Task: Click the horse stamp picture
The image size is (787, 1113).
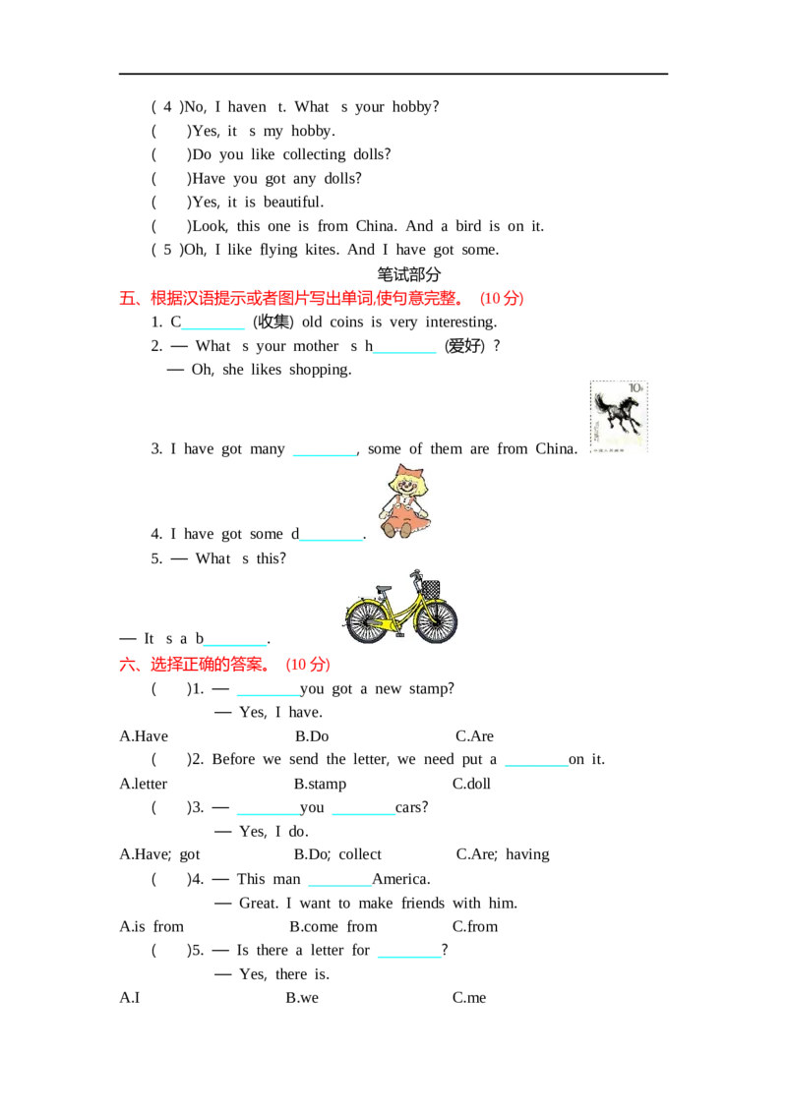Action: click(x=619, y=417)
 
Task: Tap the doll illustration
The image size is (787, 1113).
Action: click(x=405, y=501)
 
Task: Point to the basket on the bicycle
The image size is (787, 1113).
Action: click(x=431, y=589)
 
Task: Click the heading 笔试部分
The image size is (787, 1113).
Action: click(x=409, y=274)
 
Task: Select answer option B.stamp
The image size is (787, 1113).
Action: click(x=321, y=784)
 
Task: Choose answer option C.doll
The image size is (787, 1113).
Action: click(x=471, y=784)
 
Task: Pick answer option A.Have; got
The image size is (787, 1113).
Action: click(x=159, y=854)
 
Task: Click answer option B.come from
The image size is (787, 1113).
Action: click(x=333, y=926)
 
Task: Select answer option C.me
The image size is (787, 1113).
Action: click(x=469, y=997)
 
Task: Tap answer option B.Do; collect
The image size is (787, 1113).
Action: click(x=337, y=854)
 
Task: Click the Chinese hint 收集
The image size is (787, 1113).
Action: click(x=273, y=322)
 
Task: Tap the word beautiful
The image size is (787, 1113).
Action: click(x=293, y=203)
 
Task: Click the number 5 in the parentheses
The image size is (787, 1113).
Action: click(x=167, y=250)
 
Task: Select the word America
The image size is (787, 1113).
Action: click(x=401, y=879)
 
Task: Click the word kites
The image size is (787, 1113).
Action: click(x=322, y=250)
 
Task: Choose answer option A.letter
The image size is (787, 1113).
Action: click(x=144, y=784)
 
